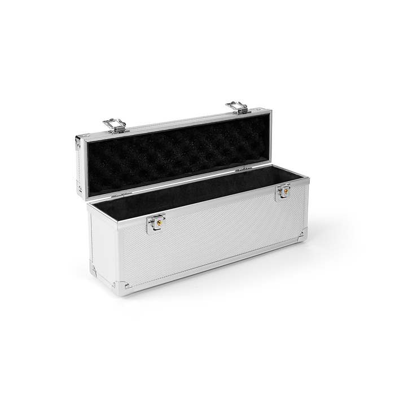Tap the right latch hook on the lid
pyautogui.click(x=238, y=107)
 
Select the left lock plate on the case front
pyautogui.click(x=156, y=224)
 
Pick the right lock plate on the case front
pyautogui.click(x=283, y=192)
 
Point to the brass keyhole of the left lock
pyautogui.click(x=158, y=224)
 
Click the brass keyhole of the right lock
pyautogui.click(x=286, y=192)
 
